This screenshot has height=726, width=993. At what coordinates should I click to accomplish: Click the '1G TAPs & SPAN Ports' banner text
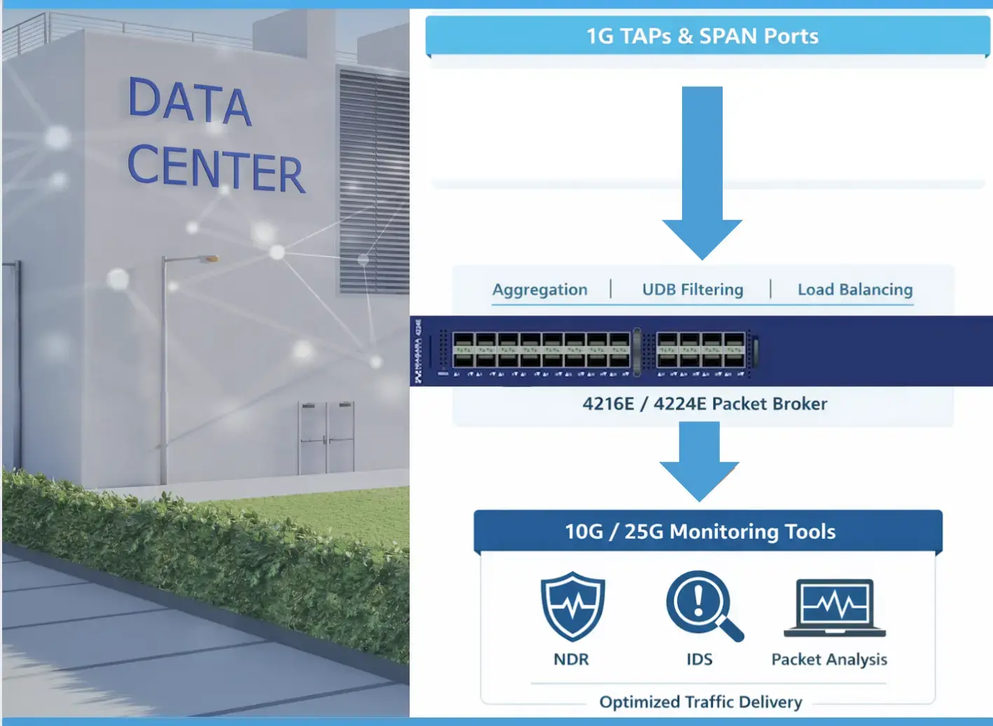702,36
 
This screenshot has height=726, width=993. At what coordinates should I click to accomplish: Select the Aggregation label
540,289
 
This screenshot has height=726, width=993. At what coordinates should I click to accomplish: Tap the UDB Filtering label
693,289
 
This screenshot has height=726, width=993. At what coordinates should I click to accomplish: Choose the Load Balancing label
855,289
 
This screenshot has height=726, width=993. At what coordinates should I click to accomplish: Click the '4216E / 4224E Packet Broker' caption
704,404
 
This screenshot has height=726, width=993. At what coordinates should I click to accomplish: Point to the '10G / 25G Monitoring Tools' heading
700,532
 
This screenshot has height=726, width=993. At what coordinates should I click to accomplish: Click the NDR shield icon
572,605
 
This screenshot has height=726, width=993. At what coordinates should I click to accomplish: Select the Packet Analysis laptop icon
835,607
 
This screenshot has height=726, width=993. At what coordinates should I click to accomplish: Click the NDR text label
571,659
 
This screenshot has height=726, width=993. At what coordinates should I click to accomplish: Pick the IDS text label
699,659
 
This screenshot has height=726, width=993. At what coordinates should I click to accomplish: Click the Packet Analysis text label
829,659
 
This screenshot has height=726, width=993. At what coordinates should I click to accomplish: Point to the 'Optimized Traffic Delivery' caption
700,701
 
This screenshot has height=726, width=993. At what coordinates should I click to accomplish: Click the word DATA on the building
189,102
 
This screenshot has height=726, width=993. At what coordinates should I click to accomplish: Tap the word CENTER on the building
216,167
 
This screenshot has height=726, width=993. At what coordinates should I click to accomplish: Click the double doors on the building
326,438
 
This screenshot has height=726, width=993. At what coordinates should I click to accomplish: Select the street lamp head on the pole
209,259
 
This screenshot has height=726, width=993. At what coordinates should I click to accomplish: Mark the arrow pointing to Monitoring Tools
699,463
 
